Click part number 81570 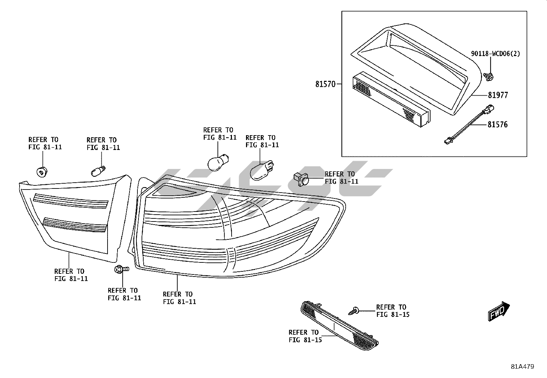(325, 84)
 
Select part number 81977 (498, 95)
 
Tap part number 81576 (497, 125)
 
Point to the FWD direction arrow (499, 311)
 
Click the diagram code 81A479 (522, 367)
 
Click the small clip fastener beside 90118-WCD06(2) (489, 77)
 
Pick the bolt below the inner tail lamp (120, 270)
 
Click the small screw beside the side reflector (354, 311)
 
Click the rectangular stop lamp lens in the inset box (390, 99)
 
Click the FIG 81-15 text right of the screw (392, 314)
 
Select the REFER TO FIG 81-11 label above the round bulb (220, 133)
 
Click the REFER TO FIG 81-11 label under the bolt (124, 294)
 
